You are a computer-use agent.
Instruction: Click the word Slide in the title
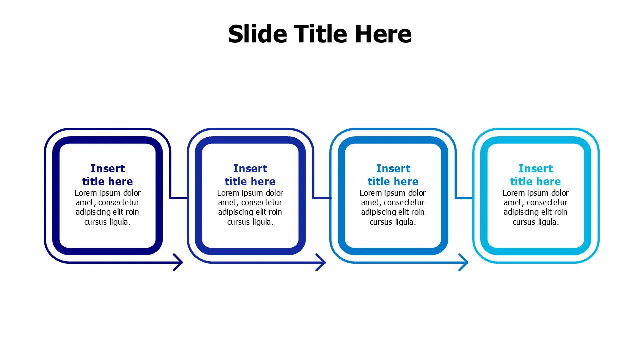click(x=257, y=34)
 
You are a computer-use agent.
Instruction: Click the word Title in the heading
click(x=321, y=34)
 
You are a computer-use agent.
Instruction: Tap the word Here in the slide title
click(x=383, y=34)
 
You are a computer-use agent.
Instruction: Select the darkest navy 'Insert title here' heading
click(x=107, y=175)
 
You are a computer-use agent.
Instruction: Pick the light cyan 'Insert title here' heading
click(x=535, y=175)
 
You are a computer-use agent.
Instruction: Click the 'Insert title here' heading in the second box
click(x=250, y=175)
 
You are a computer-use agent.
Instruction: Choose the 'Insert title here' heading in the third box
click(x=393, y=175)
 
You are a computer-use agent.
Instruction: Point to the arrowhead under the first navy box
click(x=179, y=262)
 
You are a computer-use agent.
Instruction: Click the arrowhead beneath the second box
click(x=321, y=262)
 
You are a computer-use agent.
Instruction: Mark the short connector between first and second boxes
click(x=179, y=198)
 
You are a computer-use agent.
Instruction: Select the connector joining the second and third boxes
click(x=322, y=198)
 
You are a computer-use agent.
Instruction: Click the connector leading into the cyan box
click(x=464, y=198)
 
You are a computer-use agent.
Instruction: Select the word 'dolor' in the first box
click(x=132, y=193)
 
